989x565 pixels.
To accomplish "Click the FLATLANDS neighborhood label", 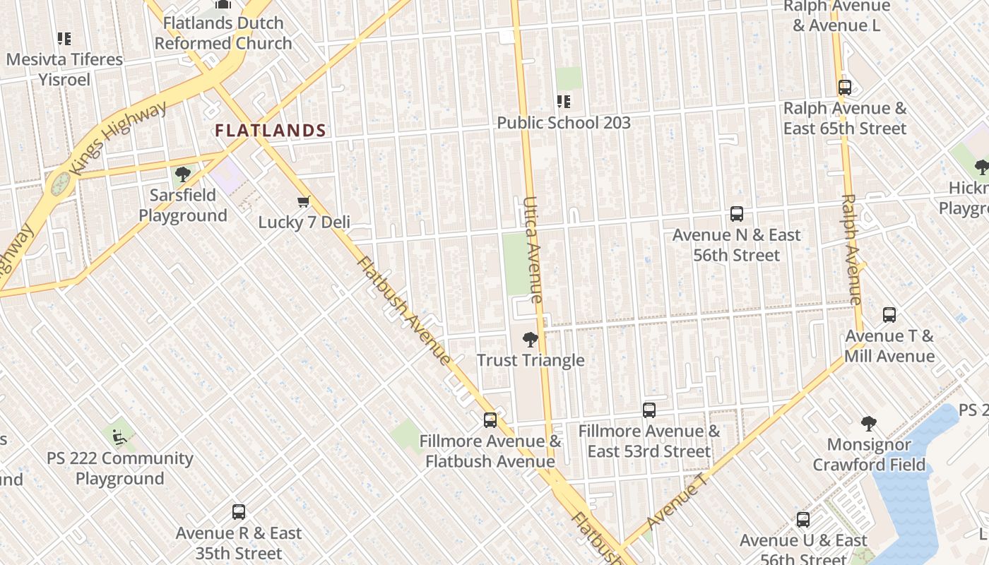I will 271,131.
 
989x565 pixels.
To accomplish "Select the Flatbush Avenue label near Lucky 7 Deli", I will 403,311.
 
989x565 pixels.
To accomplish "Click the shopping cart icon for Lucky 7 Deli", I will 304,202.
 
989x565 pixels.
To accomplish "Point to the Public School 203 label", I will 563,123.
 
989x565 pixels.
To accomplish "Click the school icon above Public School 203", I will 563,102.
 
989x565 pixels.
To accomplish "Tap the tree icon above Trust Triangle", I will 530,340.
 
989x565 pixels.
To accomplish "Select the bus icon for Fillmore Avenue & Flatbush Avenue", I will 490,420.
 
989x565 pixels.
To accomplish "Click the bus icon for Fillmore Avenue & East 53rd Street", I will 649,410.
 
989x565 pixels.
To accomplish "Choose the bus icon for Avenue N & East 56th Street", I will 737,213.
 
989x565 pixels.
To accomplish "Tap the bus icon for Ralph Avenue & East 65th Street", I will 844,88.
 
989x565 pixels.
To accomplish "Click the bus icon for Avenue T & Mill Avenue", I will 889,315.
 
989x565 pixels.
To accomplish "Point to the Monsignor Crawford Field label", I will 869,455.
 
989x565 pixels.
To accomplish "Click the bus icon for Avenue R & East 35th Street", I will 239,512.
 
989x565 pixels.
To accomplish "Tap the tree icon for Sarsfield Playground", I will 182,174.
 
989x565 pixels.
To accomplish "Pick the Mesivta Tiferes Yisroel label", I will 64,69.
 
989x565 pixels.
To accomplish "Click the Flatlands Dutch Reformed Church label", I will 223,33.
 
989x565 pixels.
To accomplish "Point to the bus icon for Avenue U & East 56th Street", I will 803,520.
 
